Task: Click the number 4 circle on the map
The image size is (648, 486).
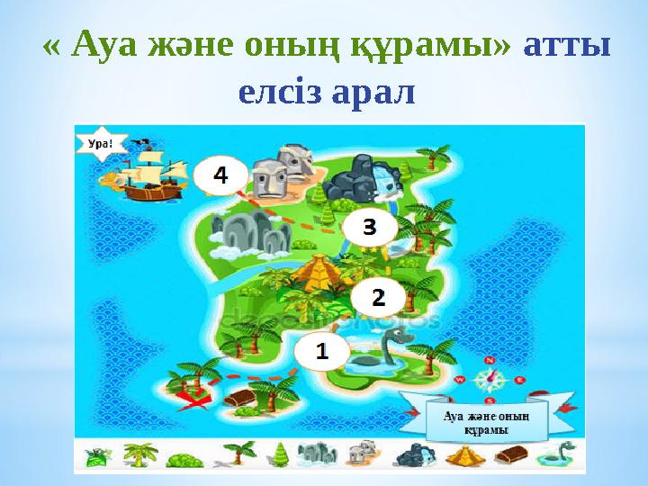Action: (219, 176)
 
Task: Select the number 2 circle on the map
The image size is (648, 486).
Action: (378, 296)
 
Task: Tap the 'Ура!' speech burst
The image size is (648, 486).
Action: (101, 143)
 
